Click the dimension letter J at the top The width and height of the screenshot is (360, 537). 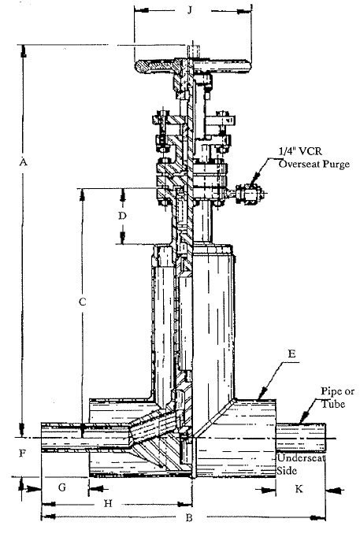click(189, 9)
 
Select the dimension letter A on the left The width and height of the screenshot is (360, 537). click(23, 161)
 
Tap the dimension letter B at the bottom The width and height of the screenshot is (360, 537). click(189, 518)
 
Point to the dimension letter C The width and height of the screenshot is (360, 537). click(82, 302)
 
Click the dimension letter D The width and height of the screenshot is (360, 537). click(122, 216)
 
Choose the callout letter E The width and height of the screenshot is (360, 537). click(291, 354)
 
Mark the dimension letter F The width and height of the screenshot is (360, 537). click(22, 454)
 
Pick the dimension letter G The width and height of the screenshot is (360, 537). click(62, 487)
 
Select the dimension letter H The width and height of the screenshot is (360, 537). click(108, 503)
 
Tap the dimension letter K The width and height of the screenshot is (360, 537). click(299, 489)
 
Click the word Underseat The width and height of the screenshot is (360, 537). click(301, 458)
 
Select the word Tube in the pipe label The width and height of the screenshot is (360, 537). click(332, 404)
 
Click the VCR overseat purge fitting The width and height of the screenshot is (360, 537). click(249, 195)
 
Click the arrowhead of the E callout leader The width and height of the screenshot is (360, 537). click(262, 393)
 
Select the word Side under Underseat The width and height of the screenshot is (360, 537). click(287, 471)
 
